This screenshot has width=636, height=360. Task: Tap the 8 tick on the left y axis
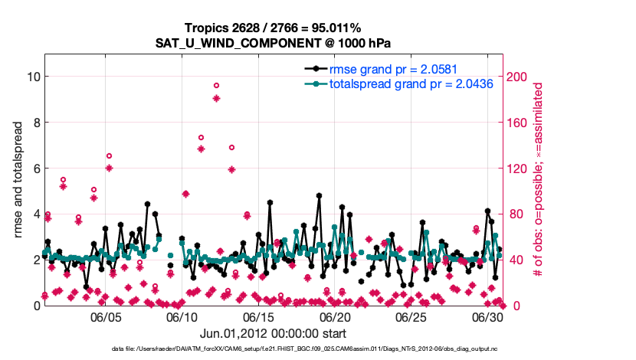[34, 122]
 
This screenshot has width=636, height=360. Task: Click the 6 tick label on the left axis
[34, 168]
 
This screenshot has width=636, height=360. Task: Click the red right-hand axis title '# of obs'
[539, 179]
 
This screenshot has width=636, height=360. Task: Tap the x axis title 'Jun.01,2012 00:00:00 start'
[274, 333]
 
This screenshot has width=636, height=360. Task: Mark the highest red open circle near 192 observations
[216, 86]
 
